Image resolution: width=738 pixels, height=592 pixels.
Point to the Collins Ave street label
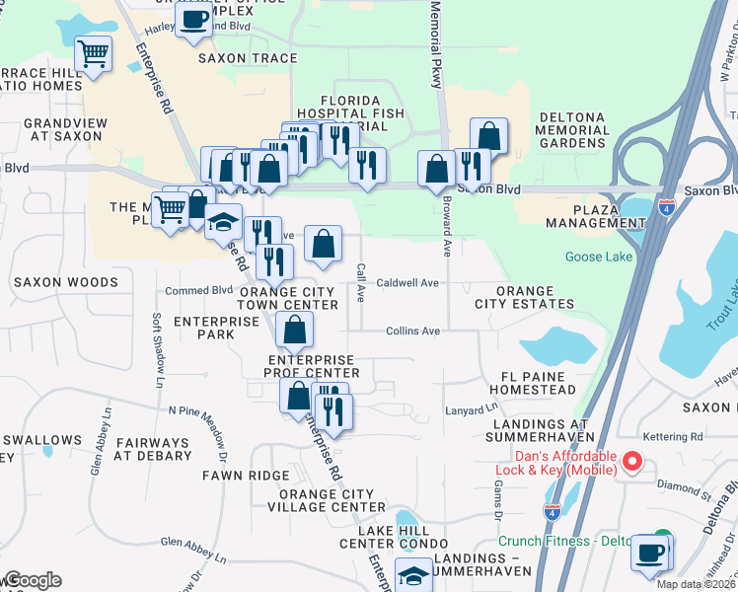click(412, 332)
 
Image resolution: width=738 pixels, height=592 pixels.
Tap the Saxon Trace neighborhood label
click(248, 58)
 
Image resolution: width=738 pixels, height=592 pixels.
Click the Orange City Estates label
click(535, 297)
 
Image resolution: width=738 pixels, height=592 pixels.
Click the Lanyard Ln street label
click(472, 408)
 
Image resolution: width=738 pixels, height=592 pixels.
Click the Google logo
click(32, 580)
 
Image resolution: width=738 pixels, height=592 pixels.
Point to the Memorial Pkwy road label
click(435, 44)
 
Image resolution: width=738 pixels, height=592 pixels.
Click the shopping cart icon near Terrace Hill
click(93, 55)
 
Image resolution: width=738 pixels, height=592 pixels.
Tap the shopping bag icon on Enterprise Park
click(294, 331)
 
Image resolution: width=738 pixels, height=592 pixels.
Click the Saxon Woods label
click(66, 282)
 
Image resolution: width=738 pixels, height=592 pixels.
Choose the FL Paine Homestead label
click(539, 383)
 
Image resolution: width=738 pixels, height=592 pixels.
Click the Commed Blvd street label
click(198, 290)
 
